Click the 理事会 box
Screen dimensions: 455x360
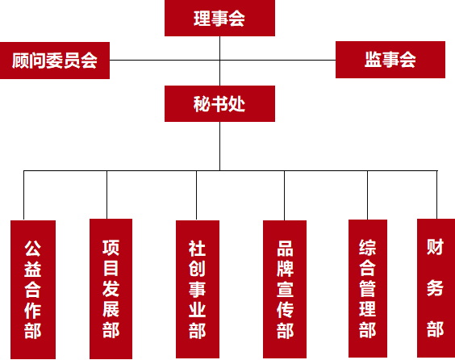[x=219, y=18]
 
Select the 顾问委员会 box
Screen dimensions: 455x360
[x=55, y=61]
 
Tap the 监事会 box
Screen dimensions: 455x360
[x=390, y=60]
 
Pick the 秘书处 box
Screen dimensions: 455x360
[x=219, y=103]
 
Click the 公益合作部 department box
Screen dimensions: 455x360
[x=33, y=290]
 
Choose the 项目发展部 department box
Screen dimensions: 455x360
[x=111, y=289]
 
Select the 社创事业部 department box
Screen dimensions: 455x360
[x=198, y=289]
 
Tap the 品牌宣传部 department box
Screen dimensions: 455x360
[x=285, y=289]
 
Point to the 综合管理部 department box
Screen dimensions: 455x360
[x=368, y=288]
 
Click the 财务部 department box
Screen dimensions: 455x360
[x=436, y=288]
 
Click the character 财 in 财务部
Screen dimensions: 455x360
[x=435, y=247]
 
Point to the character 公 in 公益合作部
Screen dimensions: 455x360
[x=33, y=249]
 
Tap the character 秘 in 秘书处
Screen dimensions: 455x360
[x=202, y=104]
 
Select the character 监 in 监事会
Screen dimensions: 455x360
[x=374, y=60]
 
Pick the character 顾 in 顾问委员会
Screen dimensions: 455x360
[x=21, y=61]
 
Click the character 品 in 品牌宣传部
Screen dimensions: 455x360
[x=285, y=249]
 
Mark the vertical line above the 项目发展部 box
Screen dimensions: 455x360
[x=106, y=195]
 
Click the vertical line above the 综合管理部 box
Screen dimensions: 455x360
[x=367, y=195]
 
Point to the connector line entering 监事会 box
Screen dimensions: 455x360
[x=278, y=60]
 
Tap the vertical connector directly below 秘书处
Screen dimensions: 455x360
[x=219, y=146]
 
